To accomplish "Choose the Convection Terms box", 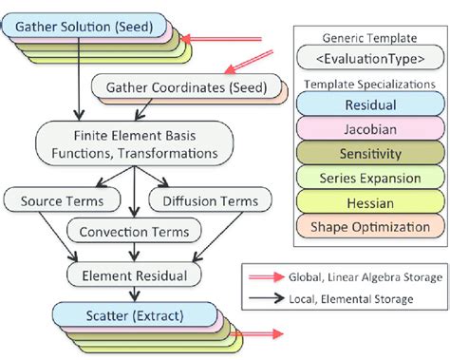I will click(135, 231).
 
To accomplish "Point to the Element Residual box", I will click(135, 275).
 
